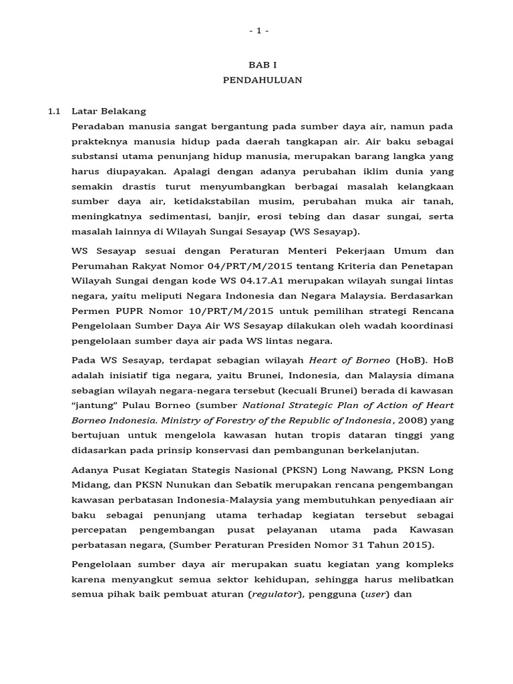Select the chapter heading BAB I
(256, 65)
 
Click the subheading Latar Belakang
(109, 111)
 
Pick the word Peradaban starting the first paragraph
(98, 126)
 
